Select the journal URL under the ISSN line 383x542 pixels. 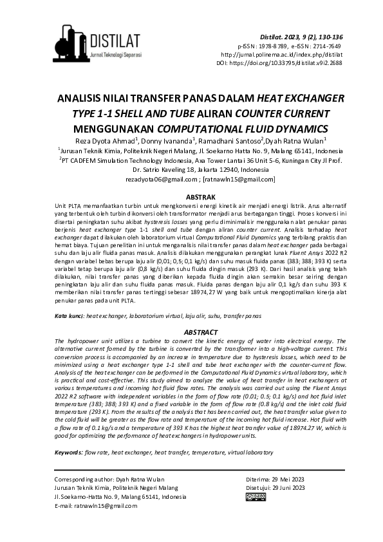click(295, 55)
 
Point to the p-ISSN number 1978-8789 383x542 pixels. click(271, 47)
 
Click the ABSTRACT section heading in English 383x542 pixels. click(192, 332)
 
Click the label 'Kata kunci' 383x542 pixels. click(69, 317)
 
